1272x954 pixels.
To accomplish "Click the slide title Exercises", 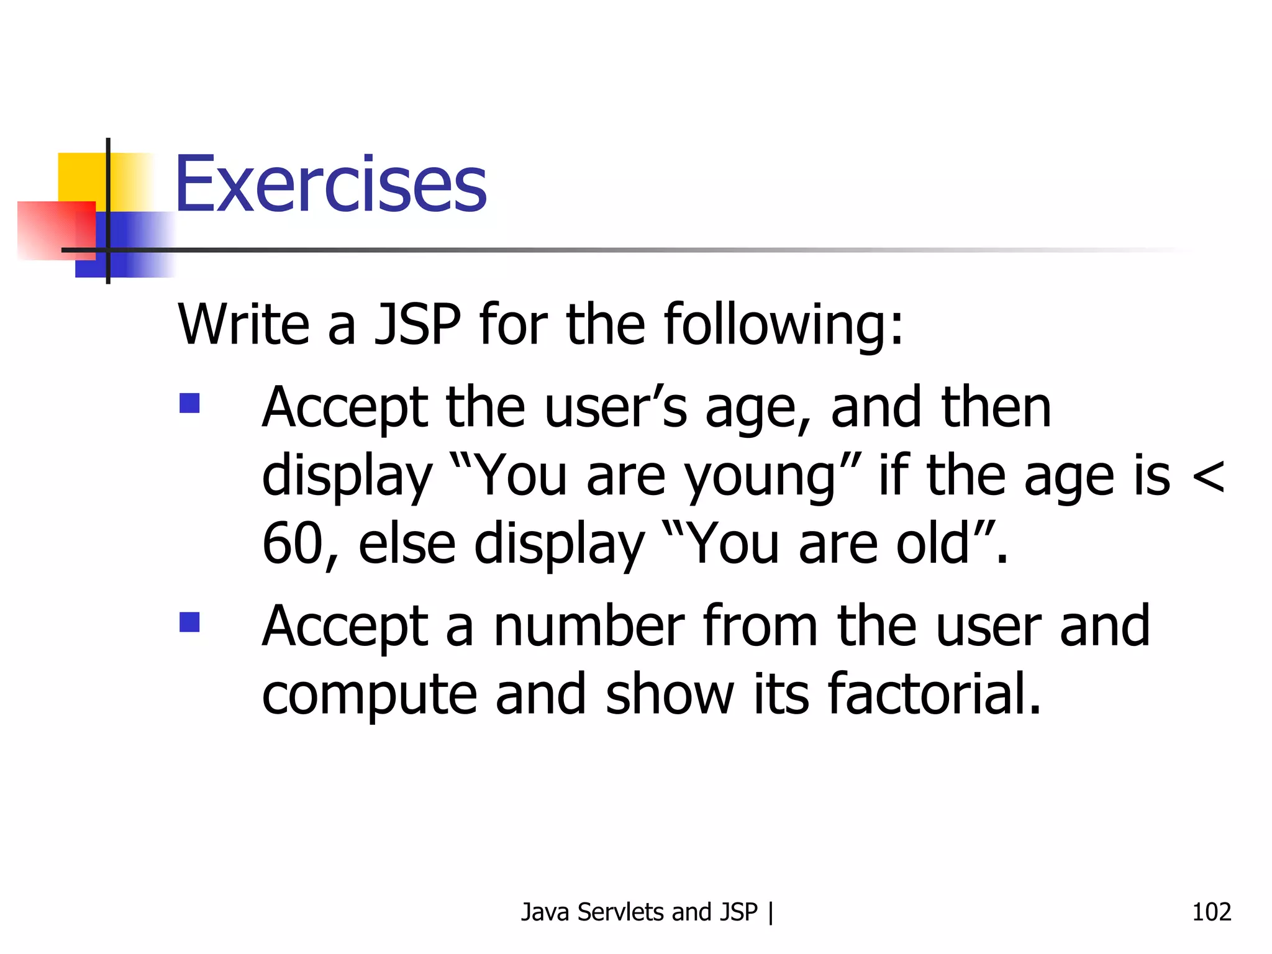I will point(330,184).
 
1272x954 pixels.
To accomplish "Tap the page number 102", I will point(1211,912).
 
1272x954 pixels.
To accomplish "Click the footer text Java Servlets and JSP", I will point(639,912).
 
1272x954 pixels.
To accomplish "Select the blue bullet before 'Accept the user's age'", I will point(189,404).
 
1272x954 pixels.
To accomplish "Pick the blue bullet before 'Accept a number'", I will point(189,622).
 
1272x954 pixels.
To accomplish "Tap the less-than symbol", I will point(1208,477).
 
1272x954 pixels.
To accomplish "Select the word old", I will point(932,543).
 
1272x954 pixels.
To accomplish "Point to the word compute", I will point(369,694).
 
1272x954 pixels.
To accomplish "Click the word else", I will point(407,543).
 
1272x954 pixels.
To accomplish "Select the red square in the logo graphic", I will point(56,230).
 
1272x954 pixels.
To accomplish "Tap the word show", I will point(670,693).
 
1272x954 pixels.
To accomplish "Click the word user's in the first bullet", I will point(616,407).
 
